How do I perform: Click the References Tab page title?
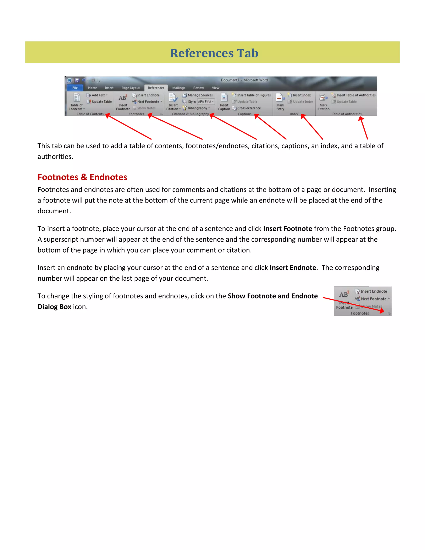point(214,53)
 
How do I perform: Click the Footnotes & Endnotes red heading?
point(82,177)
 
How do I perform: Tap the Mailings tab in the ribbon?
point(178,88)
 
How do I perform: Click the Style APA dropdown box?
point(206,101)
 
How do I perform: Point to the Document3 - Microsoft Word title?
point(244,80)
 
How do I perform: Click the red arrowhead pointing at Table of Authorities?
point(361,119)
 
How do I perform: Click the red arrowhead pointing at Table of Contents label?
point(108,116)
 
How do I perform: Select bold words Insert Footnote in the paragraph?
point(288,229)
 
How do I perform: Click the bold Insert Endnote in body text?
point(293,268)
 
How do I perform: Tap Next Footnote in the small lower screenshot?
point(373,299)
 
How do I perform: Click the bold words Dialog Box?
point(54,307)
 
